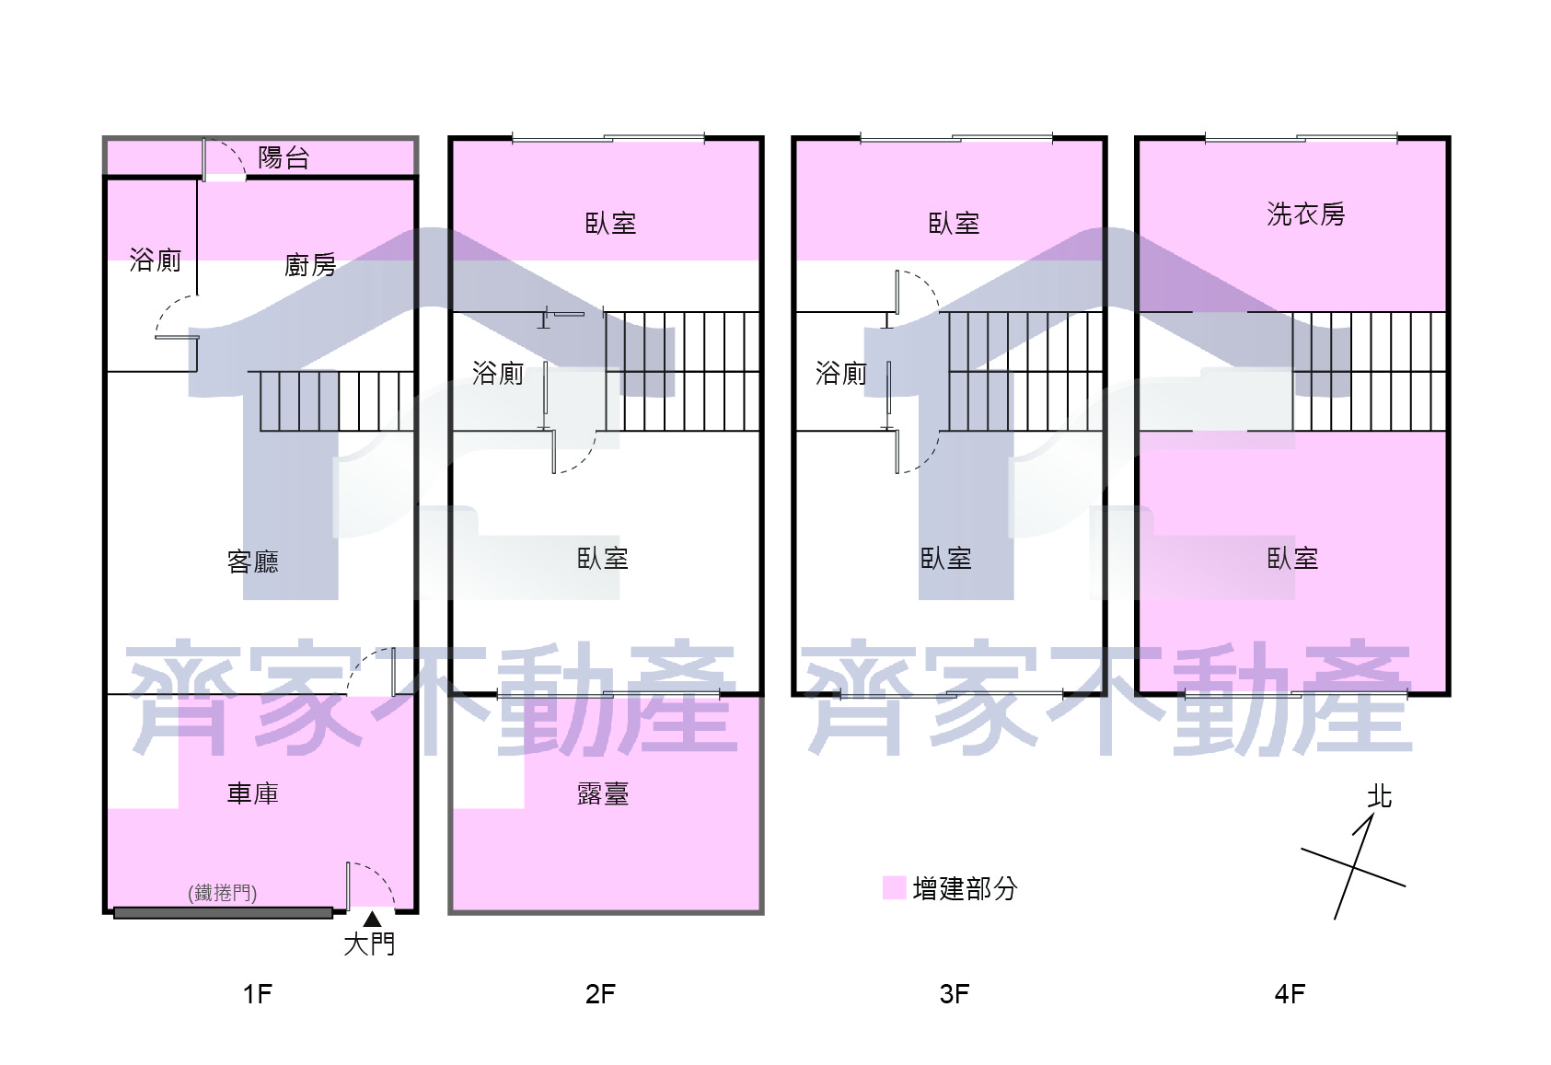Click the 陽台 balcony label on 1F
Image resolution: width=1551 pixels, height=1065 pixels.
click(284, 158)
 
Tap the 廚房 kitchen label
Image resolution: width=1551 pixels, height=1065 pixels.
click(310, 264)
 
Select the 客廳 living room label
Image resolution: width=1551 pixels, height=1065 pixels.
click(253, 561)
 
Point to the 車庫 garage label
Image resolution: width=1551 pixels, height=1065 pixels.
click(253, 793)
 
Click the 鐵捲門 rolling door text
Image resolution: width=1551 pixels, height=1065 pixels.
click(223, 893)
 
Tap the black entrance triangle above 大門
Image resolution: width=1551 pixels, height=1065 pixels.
click(373, 919)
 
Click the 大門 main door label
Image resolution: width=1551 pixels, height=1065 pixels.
click(370, 943)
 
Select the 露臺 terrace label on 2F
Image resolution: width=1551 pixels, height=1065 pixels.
click(603, 793)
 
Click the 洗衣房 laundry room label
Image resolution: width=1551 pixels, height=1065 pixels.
click(1306, 214)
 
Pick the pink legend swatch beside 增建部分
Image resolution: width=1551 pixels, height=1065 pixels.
click(895, 887)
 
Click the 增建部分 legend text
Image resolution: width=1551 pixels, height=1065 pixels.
click(966, 888)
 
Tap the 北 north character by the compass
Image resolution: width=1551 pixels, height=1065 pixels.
click(1379, 796)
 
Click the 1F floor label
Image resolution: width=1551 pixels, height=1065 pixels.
click(258, 994)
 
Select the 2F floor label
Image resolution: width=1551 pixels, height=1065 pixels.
click(600, 994)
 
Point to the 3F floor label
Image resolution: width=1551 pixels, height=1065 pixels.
click(955, 994)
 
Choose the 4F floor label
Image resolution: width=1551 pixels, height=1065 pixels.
click(1290, 994)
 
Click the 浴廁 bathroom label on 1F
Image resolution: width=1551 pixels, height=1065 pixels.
click(155, 260)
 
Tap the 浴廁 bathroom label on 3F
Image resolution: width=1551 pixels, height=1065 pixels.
click(841, 373)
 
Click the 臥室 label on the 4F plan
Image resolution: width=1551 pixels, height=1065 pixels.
click(1292, 558)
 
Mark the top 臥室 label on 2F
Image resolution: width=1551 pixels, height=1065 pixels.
click(610, 224)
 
